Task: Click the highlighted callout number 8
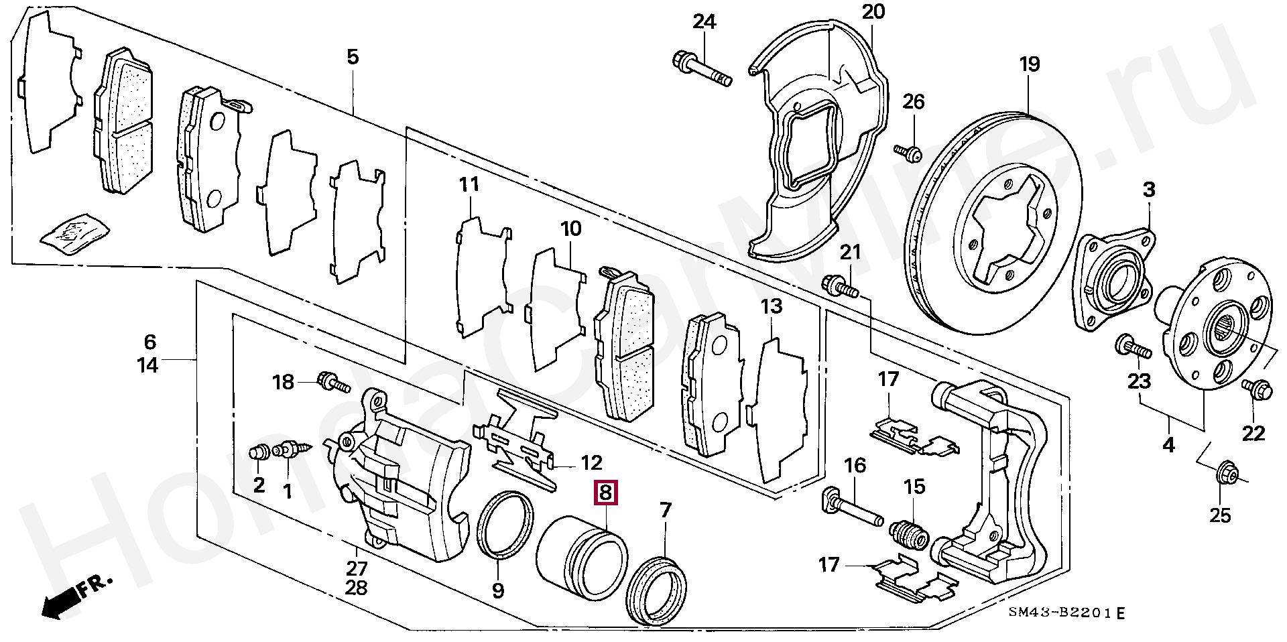[605, 493]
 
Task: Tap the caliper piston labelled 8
[582, 552]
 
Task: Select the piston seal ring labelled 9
[505, 524]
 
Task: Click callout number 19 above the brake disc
[1030, 65]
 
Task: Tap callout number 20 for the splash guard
[873, 11]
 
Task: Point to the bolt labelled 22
[1255, 389]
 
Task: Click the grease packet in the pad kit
[74, 235]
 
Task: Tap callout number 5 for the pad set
[353, 57]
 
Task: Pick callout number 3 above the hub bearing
[1149, 190]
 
